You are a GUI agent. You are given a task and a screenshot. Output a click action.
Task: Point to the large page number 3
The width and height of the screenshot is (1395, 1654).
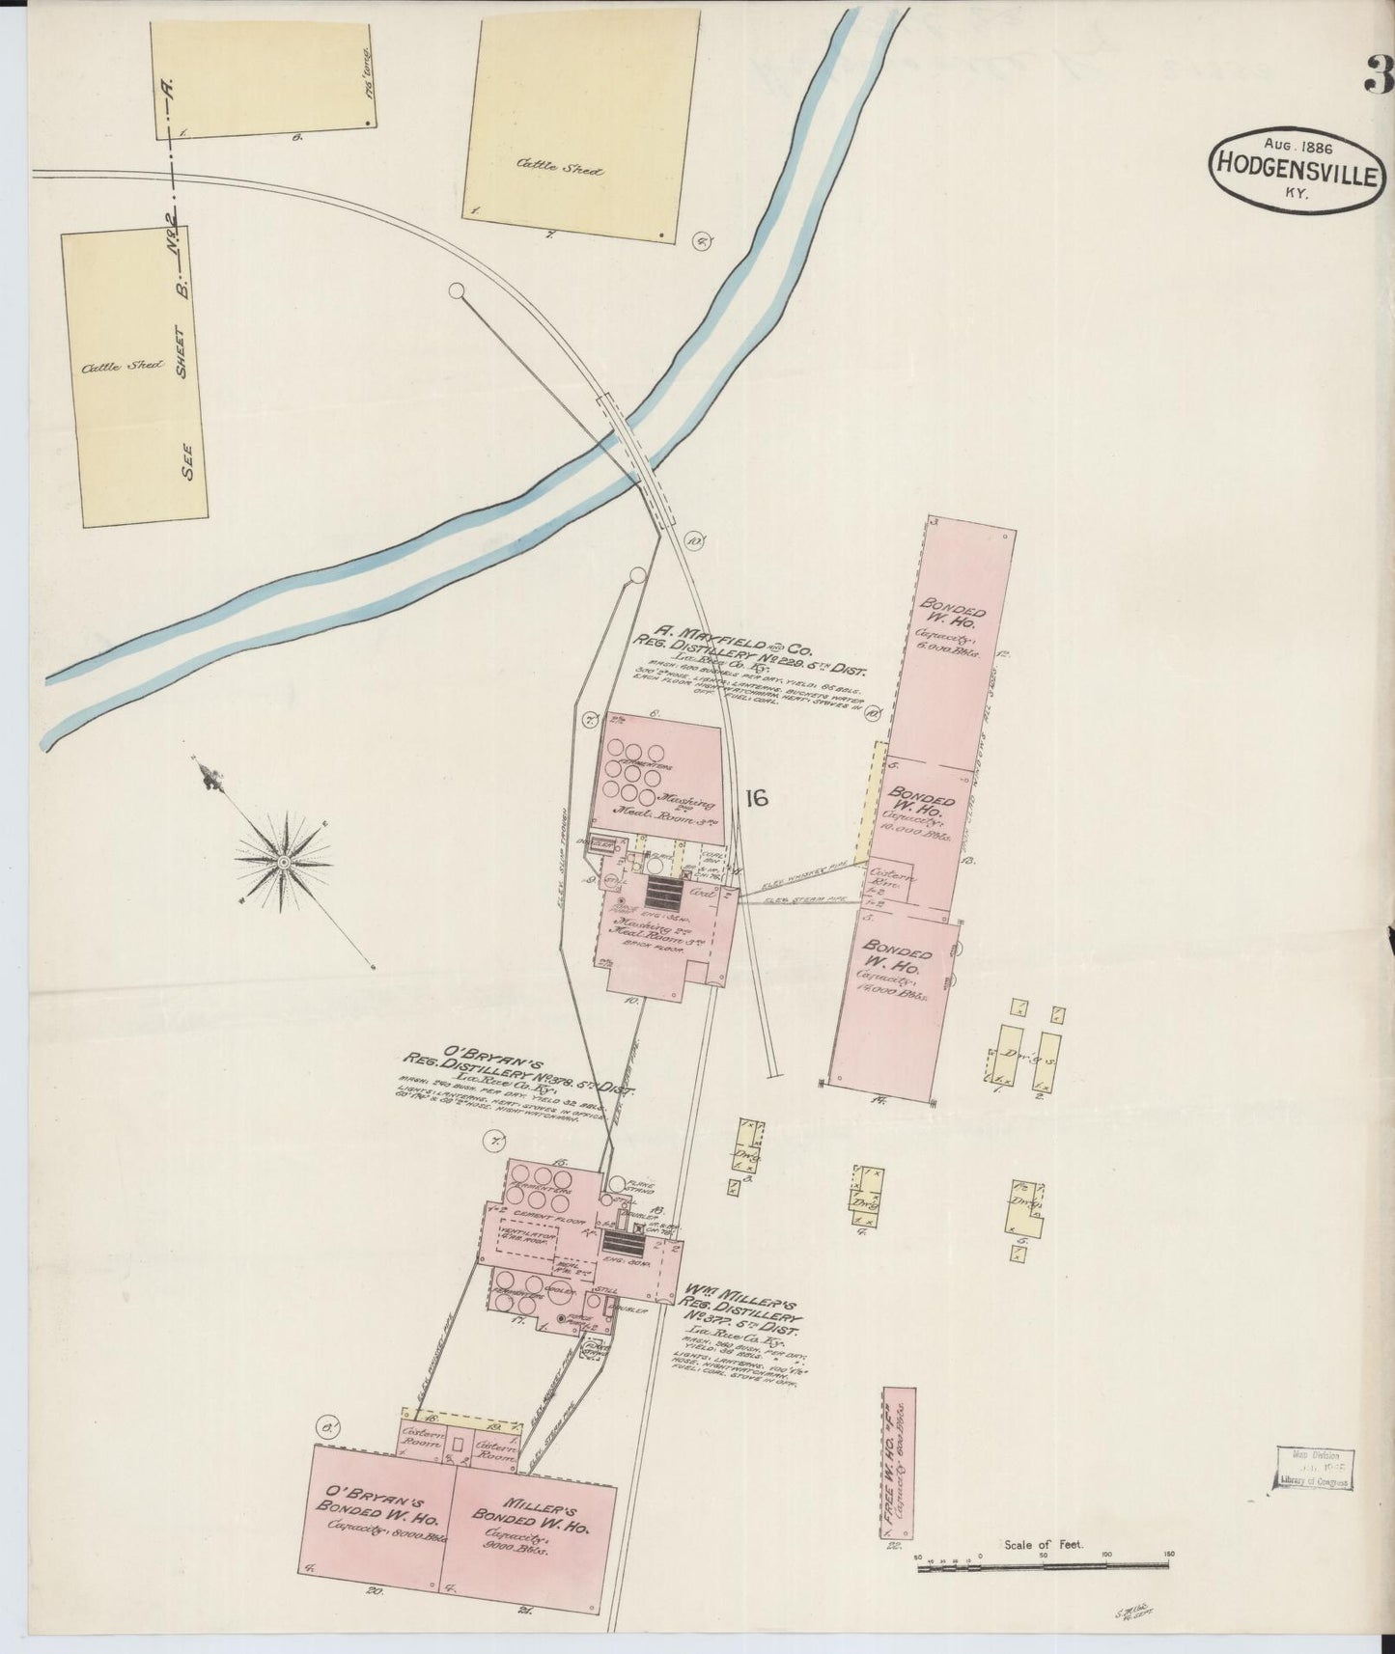click(1378, 75)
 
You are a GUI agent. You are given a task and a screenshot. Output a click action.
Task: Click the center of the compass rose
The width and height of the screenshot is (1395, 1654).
click(284, 860)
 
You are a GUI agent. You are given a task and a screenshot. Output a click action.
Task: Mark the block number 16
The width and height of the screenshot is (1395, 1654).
click(755, 797)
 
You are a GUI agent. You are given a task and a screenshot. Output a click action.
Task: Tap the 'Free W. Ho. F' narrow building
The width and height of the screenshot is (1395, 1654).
click(899, 1466)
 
